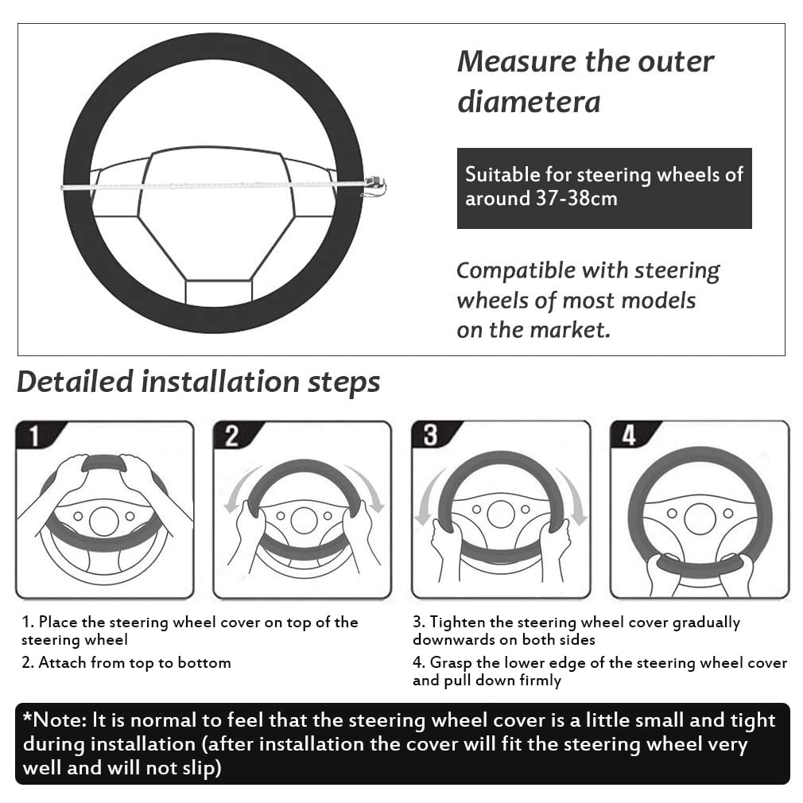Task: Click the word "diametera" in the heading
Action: coord(528,102)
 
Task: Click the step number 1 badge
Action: coord(34,436)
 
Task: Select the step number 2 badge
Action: coord(231,436)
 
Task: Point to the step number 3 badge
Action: coord(430,436)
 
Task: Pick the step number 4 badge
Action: coord(629,436)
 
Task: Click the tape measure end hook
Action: coord(375,187)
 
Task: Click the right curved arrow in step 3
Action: coord(572,497)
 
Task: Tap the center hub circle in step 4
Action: coord(700,518)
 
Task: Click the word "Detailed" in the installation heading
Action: coord(75,382)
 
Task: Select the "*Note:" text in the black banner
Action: coord(54,720)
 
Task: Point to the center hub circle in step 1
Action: coord(104,521)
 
